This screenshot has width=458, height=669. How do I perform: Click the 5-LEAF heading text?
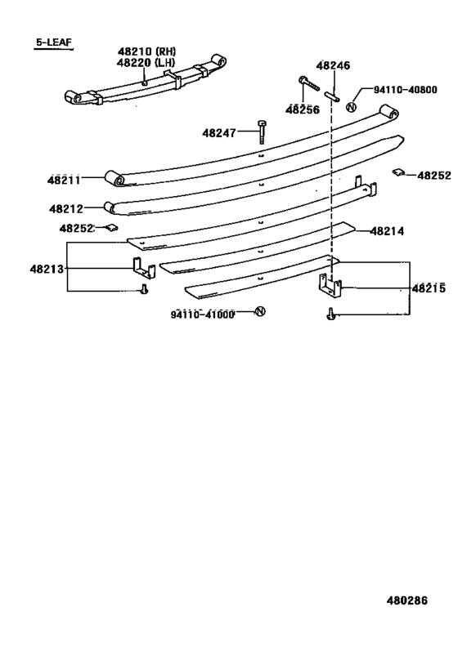[x=54, y=42]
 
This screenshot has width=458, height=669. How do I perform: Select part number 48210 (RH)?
[x=147, y=51]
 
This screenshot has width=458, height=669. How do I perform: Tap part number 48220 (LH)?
[x=146, y=63]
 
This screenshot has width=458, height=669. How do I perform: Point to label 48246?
[x=333, y=65]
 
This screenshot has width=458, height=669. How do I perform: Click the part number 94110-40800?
[x=406, y=90]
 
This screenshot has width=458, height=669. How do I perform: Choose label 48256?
[x=303, y=109]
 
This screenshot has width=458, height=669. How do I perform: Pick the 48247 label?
[x=219, y=133]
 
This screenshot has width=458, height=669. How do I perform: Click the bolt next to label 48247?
[x=262, y=132]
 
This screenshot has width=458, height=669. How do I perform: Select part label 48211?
[x=64, y=180]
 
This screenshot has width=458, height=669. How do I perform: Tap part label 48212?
[x=66, y=208]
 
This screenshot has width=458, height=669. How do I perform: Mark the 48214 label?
[x=387, y=231]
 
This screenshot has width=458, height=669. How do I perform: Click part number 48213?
[x=47, y=269]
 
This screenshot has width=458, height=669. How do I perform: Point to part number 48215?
[x=429, y=288]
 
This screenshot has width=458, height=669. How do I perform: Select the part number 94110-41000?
[x=203, y=314]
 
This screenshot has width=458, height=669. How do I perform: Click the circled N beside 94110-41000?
[x=260, y=311]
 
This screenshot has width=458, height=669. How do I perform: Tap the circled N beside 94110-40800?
[x=351, y=107]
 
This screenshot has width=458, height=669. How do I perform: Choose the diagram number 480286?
[x=407, y=600]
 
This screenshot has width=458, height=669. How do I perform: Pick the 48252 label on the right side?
[x=434, y=176]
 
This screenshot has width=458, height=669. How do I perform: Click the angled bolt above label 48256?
[x=309, y=83]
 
